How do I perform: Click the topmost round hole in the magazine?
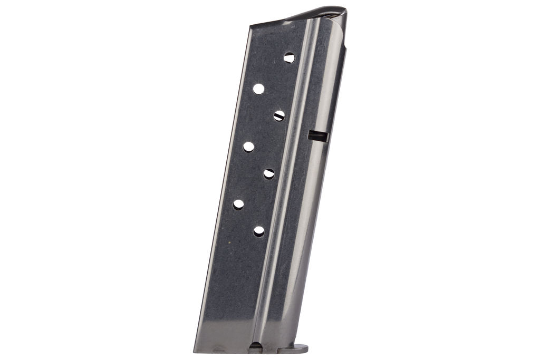(290, 58)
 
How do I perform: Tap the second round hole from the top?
(258, 89)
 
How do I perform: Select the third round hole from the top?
(279, 115)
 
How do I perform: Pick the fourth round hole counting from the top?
(248, 147)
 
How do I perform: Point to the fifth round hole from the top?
(269, 173)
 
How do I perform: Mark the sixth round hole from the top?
(238, 204)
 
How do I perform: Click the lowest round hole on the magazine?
(259, 231)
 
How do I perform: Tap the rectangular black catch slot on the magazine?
(318, 136)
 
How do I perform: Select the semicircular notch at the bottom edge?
(255, 346)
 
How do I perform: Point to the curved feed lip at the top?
(316, 13)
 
